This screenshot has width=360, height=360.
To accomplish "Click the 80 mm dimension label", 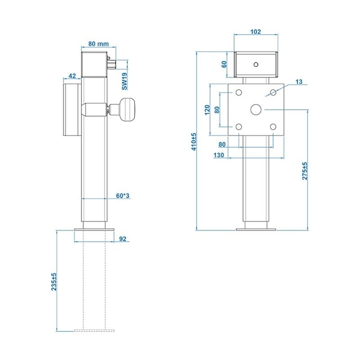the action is [98, 44].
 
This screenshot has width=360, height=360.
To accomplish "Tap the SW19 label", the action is [124, 82].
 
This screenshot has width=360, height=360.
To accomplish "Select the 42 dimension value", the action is [72, 76].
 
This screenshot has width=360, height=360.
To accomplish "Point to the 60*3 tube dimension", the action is [122, 196].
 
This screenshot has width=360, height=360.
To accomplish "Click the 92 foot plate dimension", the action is [123, 239].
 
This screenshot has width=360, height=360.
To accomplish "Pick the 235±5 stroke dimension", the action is [54, 282].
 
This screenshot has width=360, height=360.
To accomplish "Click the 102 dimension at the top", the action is [256, 32].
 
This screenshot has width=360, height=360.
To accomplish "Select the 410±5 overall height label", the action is [194, 142].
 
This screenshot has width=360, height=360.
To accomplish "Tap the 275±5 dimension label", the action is [305, 171].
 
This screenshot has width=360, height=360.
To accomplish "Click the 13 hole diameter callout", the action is [299, 82].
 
